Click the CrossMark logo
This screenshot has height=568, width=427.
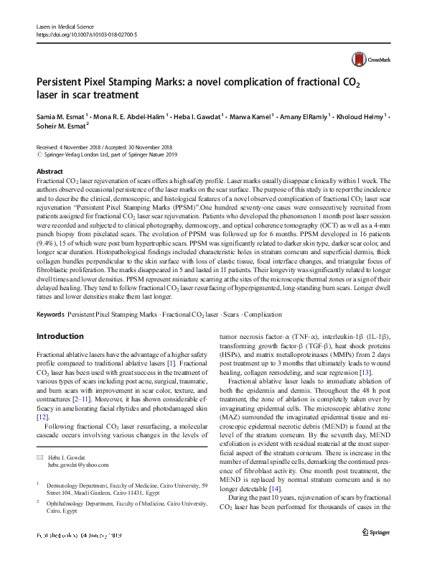click(x=366, y=60)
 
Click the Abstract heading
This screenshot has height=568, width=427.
click(x=50, y=172)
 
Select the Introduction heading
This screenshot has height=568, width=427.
click(x=60, y=336)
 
